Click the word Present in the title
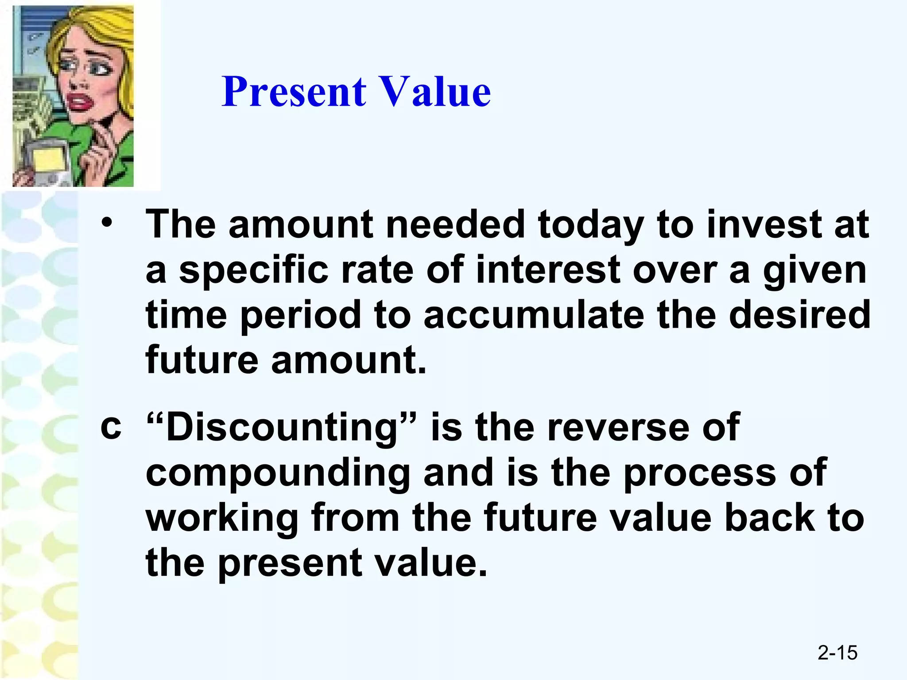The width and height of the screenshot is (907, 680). [x=294, y=92]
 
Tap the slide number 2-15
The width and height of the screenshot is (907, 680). [x=837, y=653]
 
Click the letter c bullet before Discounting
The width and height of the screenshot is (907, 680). [x=111, y=427]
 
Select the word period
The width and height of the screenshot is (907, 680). [x=301, y=316]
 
